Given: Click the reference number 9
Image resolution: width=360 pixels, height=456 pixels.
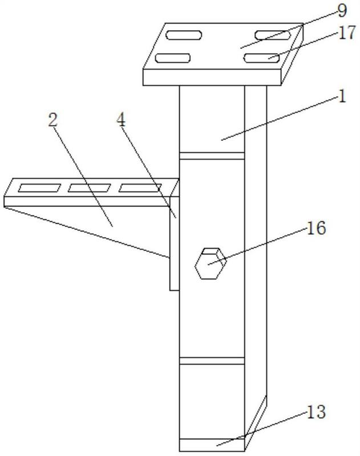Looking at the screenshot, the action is [x=342, y=10].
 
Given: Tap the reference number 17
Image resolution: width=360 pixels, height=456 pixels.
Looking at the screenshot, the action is [x=347, y=32].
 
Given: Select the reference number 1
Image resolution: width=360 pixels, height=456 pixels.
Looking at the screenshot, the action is [x=342, y=96].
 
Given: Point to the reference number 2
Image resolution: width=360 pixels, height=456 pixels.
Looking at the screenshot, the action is [x=52, y=120].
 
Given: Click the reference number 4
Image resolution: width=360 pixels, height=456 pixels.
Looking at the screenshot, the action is [x=121, y=120].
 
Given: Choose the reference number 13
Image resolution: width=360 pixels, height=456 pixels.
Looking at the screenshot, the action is [x=316, y=412].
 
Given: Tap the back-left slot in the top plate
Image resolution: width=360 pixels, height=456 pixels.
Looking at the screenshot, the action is [x=184, y=35].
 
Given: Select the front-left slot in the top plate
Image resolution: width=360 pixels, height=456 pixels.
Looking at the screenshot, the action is [x=173, y=58].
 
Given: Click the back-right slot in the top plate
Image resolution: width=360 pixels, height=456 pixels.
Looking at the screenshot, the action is [x=273, y=35].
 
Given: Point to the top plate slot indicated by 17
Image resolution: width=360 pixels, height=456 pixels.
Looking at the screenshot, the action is [x=262, y=58].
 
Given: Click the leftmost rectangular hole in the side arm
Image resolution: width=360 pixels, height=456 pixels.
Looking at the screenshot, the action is [x=39, y=188].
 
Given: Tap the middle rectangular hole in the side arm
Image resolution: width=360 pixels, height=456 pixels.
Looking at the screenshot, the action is [x=90, y=188].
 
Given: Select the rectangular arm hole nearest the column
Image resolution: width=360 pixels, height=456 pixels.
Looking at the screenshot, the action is [x=140, y=188].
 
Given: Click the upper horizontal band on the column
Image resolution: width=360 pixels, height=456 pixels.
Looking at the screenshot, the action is [x=212, y=156].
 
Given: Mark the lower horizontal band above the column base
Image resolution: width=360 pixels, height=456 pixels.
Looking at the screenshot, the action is [x=212, y=361].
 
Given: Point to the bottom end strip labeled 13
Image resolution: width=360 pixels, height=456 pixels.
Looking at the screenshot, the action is [x=212, y=445].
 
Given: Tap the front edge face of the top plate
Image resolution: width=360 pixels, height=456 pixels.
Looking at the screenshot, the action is [x=212, y=77].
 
